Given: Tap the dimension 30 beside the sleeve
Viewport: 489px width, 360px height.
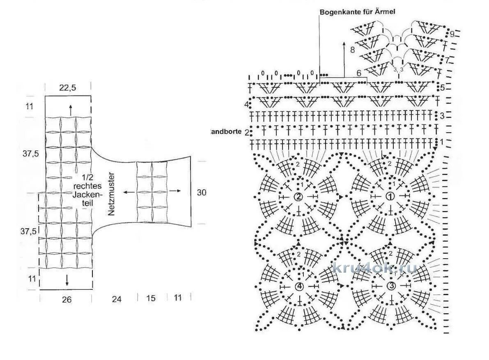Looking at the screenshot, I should click(x=201, y=193).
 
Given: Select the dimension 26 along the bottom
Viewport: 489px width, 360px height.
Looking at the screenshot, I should click(x=67, y=300).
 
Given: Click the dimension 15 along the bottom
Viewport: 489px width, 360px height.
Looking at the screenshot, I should click(x=151, y=298).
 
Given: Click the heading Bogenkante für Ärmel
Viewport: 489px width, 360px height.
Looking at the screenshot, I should click(x=357, y=12).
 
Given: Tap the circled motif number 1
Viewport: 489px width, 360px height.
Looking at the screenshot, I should click(x=390, y=197).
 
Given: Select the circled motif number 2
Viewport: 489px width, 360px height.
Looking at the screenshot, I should click(x=298, y=197).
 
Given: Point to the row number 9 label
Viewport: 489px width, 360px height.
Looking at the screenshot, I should click(x=452, y=34).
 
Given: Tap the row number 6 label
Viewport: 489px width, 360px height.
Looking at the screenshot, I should click(x=358, y=73).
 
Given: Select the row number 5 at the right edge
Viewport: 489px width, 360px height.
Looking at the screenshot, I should click(x=443, y=87).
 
